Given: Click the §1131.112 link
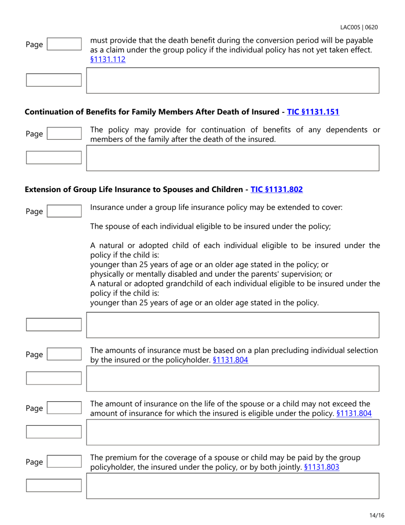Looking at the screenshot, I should tap(108, 60).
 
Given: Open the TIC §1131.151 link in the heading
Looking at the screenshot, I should tap(313, 112).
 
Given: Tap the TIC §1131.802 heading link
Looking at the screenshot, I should tap(277, 189).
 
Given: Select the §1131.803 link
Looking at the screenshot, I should tap(322, 467).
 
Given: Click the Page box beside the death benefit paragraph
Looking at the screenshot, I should tap(64, 44).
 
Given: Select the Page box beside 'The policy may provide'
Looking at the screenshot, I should tap(64, 134).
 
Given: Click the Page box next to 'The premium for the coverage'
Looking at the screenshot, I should tap(64, 462).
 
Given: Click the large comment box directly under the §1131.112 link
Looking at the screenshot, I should tap(233, 80).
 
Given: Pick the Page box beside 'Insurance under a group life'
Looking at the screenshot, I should tap(64, 211).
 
